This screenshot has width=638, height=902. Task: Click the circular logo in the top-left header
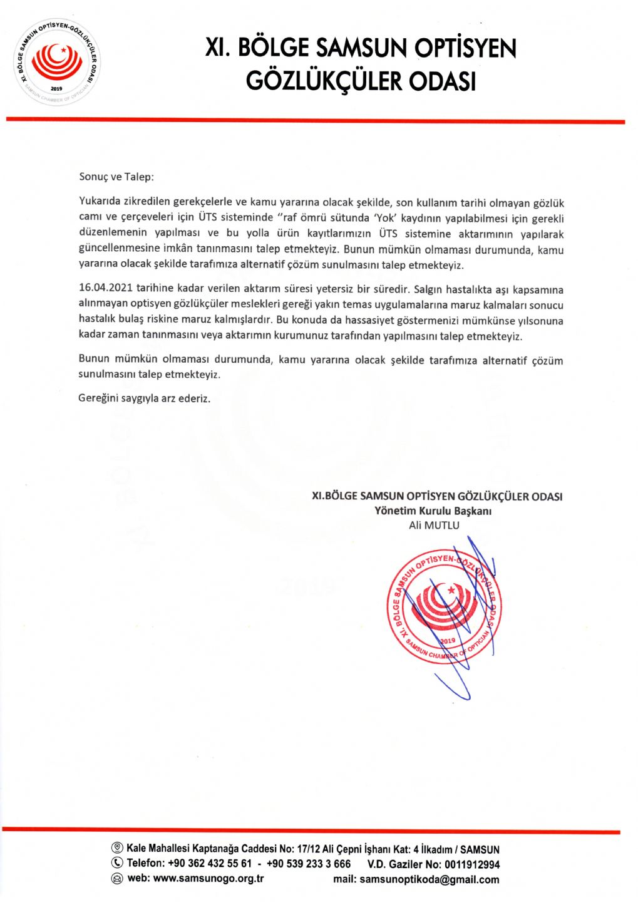point(56,63)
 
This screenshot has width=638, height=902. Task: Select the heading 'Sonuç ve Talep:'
point(116,177)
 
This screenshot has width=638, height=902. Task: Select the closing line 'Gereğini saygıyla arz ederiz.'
point(144,398)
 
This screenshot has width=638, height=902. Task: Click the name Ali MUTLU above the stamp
point(434,525)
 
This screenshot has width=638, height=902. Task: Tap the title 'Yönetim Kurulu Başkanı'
point(433,511)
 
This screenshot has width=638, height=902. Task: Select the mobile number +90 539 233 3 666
point(308,863)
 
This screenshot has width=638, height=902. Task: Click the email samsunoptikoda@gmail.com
point(429,879)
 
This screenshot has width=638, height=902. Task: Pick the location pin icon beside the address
point(117,848)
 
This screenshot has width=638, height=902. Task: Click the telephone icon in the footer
point(117,863)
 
